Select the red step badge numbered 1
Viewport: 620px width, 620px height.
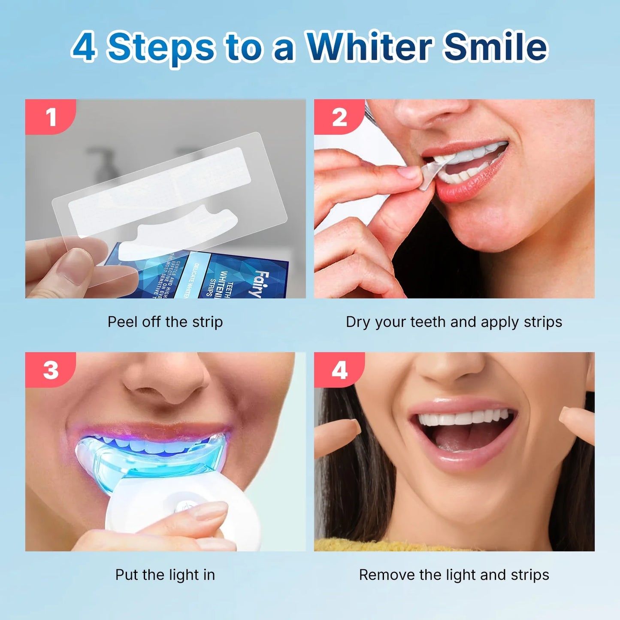tap(51, 117)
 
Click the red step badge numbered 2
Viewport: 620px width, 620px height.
tap(339, 117)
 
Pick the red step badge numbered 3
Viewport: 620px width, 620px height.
tap(51, 370)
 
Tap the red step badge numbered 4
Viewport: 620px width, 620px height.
tap(339, 370)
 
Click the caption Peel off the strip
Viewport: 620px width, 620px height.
tap(165, 322)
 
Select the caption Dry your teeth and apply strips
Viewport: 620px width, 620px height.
tap(454, 322)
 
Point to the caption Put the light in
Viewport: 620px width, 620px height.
tap(165, 575)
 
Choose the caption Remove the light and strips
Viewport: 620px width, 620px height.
tap(454, 575)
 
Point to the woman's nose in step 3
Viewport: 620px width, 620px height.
tap(167, 378)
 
